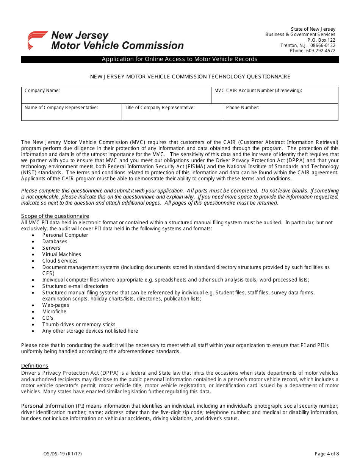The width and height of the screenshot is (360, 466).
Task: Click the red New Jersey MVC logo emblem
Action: click(x=37, y=40)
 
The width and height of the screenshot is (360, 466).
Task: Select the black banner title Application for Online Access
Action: click(x=180, y=59)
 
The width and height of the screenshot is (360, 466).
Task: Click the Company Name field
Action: click(x=116, y=95)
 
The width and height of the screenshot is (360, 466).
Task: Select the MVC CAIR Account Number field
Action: click(x=274, y=95)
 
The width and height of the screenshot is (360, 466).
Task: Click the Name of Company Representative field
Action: click(x=71, y=112)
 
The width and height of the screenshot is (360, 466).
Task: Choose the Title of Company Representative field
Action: click(x=172, y=112)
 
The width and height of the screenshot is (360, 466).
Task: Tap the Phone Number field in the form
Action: click(x=280, y=112)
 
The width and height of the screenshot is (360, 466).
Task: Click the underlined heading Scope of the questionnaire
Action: click(x=55, y=216)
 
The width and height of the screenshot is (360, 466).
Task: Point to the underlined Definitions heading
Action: click(x=34, y=366)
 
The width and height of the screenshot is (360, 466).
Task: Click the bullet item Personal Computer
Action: click(x=65, y=235)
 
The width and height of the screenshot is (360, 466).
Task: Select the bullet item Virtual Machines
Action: click(x=61, y=255)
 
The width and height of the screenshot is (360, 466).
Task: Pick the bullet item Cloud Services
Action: click(x=60, y=261)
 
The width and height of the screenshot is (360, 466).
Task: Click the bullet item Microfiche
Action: click(x=54, y=312)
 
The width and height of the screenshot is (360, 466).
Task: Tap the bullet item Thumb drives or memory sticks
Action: click(x=79, y=325)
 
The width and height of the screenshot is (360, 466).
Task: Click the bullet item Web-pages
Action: click(x=56, y=305)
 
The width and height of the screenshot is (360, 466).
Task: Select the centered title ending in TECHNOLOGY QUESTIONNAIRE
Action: click(x=190, y=77)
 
